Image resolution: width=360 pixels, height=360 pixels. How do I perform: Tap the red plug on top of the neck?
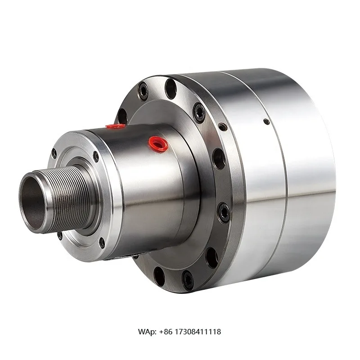click(116, 126)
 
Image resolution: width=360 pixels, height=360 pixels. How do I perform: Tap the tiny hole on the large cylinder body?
click(266, 121)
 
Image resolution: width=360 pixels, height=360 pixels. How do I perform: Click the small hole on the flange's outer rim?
click(223, 127)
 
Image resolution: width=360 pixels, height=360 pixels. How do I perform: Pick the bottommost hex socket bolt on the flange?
click(187, 280)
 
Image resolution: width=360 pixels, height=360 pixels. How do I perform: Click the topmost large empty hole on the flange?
click(171, 89)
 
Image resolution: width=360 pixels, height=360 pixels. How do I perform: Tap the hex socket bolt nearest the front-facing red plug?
click(199, 112)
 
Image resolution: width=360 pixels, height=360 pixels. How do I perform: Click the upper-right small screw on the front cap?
click(95, 156)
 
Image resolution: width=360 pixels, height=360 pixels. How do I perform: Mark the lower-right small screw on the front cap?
click(102, 243)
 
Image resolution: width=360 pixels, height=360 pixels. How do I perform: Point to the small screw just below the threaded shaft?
click(60, 235)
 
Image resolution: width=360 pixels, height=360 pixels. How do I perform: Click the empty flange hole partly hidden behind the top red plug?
click(122, 116)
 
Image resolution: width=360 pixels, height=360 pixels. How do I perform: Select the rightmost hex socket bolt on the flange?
click(224, 212)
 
